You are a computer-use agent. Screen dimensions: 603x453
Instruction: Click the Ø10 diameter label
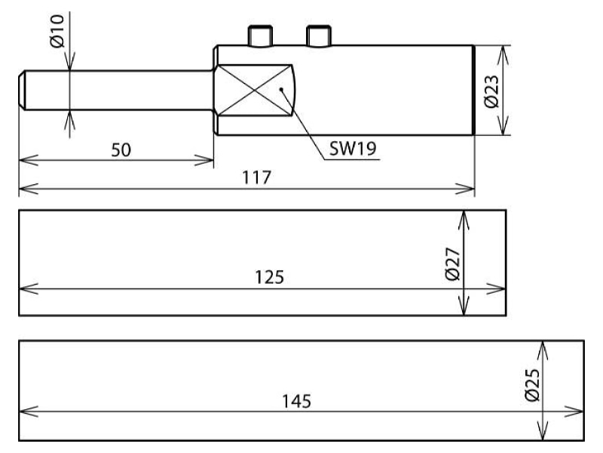pyautogui.click(x=57, y=31)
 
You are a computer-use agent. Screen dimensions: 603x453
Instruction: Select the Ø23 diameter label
pyautogui.click(x=492, y=91)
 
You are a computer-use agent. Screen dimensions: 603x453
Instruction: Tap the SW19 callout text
pyautogui.click(x=353, y=148)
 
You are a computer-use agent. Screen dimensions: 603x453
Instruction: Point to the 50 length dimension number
pyautogui.click(x=121, y=149)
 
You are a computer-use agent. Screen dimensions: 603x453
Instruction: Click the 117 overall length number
pyautogui.click(x=256, y=177)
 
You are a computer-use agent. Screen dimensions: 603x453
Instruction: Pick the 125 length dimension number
pyautogui.click(x=270, y=277)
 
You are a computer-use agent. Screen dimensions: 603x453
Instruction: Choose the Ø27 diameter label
pyautogui.click(x=453, y=264)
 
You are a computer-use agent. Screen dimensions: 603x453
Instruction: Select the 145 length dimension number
pyautogui.click(x=296, y=402)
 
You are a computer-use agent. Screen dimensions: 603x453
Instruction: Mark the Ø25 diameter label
pyautogui.click(x=532, y=385)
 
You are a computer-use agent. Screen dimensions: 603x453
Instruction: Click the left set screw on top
pyautogui.click(x=261, y=36)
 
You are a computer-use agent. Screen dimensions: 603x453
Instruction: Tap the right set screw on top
pyautogui.click(x=318, y=36)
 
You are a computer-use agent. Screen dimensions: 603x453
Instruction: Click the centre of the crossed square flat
pyautogui.click(x=254, y=90)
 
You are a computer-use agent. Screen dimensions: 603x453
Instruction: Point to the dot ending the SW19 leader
pyautogui.click(x=281, y=89)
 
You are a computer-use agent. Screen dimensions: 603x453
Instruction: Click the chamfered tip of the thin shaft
pyautogui.click(x=22, y=90)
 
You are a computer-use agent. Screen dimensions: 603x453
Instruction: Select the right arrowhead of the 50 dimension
pyautogui.click(x=204, y=160)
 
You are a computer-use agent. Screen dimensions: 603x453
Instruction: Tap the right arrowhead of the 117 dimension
pyautogui.click(x=464, y=190)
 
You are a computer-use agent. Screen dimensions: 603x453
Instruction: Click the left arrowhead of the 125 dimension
pyautogui.click(x=29, y=289)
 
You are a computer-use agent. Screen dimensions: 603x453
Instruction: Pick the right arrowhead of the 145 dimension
pyautogui.click(x=574, y=411)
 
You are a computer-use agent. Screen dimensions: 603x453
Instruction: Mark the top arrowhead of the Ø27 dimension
pyautogui.click(x=464, y=220)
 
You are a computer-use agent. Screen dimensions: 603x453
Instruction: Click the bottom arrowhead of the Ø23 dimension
pyautogui.click(x=504, y=125)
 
